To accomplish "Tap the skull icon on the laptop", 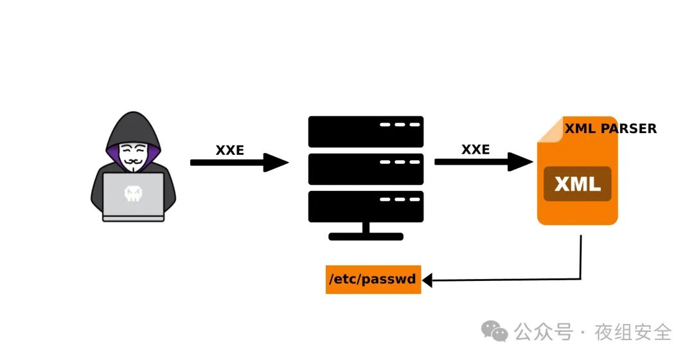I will [x=133, y=194].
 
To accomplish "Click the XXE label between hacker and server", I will [x=229, y=150].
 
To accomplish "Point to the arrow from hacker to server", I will [x=238, y=163].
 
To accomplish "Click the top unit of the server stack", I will [x=366, y=131].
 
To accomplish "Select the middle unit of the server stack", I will [x=366, y=169].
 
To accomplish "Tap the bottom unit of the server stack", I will [x=366, y=206].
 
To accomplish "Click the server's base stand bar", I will [x=366, y=237].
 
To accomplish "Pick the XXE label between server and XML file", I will [x=476, y=150].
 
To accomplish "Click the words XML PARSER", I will [x=610, y=129].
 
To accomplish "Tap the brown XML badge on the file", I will [x=577, y=184].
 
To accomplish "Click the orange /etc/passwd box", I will [x=373, y=280].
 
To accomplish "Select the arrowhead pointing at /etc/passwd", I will [x=427, y=280].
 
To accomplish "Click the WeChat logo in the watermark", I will [x=495, y=332].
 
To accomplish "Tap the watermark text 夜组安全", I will [x=634, y=332].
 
